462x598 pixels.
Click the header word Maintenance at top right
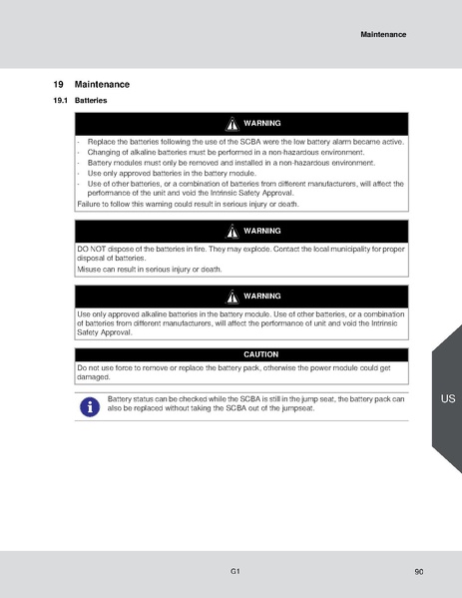[383, 34]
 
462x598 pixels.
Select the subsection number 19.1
[60, 101]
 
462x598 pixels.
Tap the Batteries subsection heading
[91, 101]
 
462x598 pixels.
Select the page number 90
[418, 572]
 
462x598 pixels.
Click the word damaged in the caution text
[93, 377]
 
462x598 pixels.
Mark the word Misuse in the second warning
[90, 269]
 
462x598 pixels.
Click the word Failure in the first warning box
[90, 204]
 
